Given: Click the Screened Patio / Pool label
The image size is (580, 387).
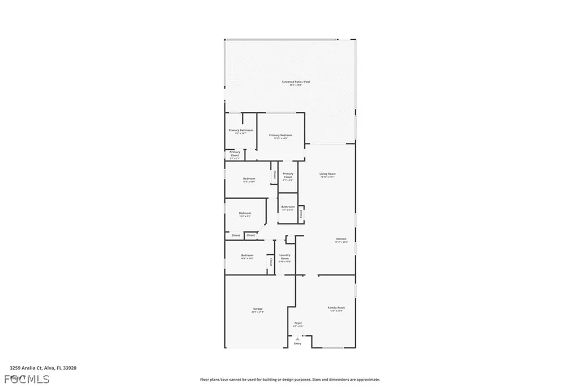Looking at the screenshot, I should [x=296, y=82].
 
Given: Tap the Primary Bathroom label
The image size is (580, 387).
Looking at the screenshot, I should [x=241, y=131].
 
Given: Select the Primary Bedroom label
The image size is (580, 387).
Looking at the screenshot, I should [x=280, y=135].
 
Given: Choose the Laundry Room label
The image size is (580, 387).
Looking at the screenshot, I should [x=284, y=256].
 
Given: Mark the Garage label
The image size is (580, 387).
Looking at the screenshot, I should [x=257, y=309].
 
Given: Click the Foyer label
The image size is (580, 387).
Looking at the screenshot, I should [x=298, y=323].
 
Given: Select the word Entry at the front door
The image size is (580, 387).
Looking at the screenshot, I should [x=297, y=343].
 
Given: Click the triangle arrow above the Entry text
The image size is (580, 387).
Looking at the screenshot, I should [x=297, y=338].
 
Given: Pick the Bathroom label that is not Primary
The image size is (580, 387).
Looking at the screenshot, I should [x=287, y=208].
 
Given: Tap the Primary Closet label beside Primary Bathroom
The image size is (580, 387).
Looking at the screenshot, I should [x=234, y=153].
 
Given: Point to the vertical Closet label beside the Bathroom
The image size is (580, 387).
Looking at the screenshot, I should [x=301, y=214].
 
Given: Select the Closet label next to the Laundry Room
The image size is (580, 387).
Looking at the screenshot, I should [x=271, y=262].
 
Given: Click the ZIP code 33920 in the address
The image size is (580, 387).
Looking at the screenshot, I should [x=69, y=368].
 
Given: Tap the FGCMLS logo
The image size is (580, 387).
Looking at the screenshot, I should [x=27, y=378].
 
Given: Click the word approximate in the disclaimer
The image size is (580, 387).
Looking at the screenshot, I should [x=368, y=380].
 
